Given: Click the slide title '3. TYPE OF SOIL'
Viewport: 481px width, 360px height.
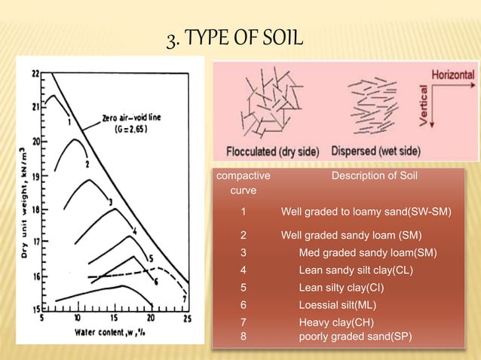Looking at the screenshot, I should pos(234,35).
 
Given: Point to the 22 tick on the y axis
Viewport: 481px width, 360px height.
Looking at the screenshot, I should pos(35,73).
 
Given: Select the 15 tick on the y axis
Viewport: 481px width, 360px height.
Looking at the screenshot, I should pos(35,309).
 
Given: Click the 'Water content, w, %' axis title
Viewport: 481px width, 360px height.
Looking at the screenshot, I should pos(112,332).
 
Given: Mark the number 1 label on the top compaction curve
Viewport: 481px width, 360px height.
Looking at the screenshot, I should pos(69,121).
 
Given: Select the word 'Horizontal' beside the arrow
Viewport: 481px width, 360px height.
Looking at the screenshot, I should pos(452,75).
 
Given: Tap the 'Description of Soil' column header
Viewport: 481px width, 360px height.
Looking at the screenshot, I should pos(375,176).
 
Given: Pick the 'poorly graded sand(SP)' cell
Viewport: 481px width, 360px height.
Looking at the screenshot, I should pos(355,336).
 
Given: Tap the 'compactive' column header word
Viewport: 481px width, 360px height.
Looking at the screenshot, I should pos(244,176).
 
